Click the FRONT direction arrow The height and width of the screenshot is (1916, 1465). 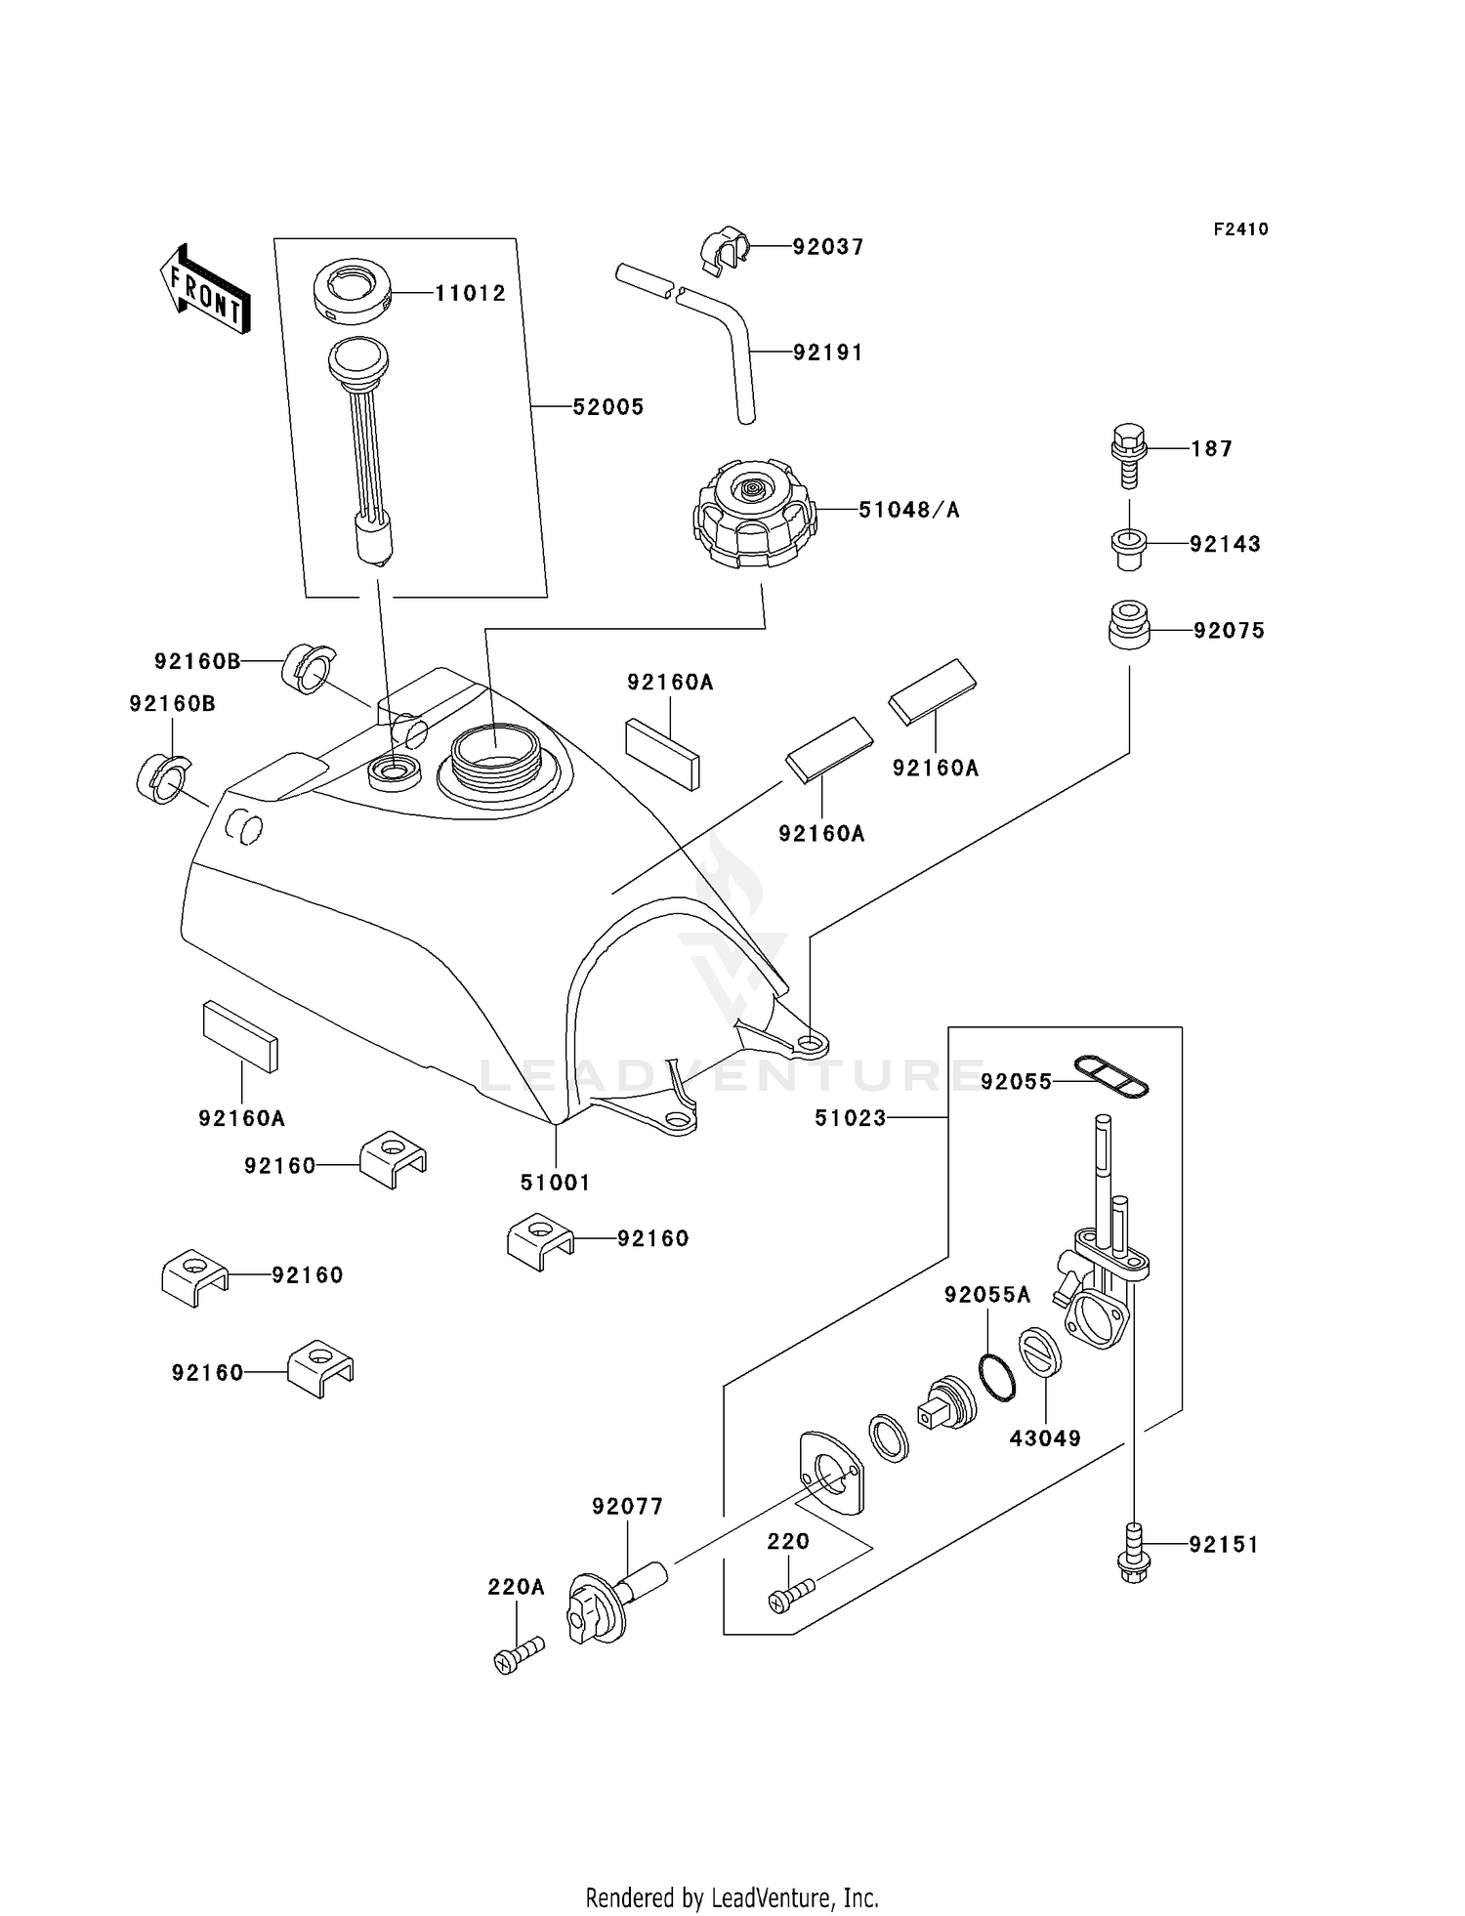[204, 290]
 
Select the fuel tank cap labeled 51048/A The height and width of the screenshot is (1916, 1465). [753, 515]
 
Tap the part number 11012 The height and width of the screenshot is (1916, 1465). [470, 293]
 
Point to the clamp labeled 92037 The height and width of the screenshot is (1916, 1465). [724, 248]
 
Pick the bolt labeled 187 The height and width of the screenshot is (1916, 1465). [1128, 455]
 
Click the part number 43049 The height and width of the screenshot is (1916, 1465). [1045, 1438]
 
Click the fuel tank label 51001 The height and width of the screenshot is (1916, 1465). [555, 1183]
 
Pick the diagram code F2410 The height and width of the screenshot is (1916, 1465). [1240, 229]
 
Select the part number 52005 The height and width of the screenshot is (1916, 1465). [607, 407]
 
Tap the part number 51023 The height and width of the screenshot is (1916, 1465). [850, 1118]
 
